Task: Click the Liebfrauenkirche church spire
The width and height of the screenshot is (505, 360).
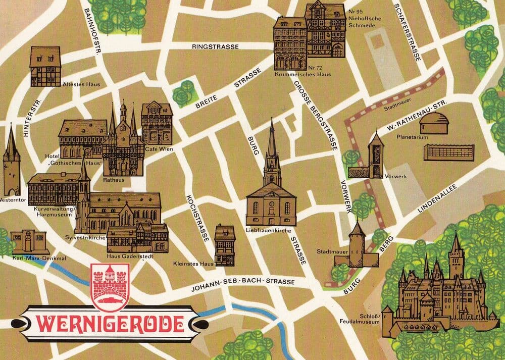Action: tap(272, 146)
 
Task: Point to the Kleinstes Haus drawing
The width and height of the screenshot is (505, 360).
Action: tap(224, 244)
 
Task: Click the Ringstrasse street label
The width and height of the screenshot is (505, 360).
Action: tap(215, 46)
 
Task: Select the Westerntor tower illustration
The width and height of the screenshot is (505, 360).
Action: tap(12, 162)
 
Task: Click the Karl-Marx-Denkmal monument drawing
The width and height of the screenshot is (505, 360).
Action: tap(29, 242)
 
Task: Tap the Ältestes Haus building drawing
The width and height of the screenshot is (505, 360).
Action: tap(45, 66)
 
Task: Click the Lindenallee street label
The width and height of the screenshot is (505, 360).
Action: tap(437, 198)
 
